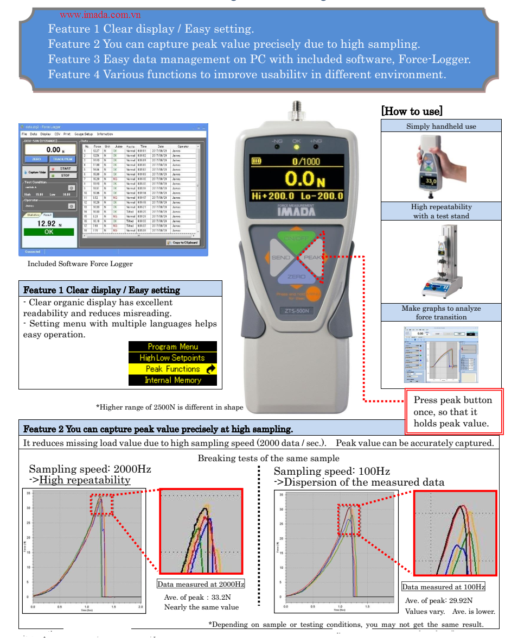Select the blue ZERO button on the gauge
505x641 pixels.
[x=296, y=276]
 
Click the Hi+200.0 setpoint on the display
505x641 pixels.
[x=273, y=196]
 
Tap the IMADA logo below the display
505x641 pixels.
[x=296, y=212]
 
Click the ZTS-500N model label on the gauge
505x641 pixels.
[x=296, y=311]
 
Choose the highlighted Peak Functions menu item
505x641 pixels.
[x=172, y=369]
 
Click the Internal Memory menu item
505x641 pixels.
[x=172, y=380]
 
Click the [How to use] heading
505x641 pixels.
[x=412, y=111]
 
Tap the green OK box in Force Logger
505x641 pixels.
[x=49, y=232]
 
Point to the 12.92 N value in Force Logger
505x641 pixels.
[x=49, y=223]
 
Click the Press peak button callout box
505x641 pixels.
[x=455, y=411]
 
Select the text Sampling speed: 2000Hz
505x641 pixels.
[x=90, y=469]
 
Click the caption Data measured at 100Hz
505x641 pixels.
[x=443, y=587]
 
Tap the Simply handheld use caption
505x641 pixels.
[x=441, y=126]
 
